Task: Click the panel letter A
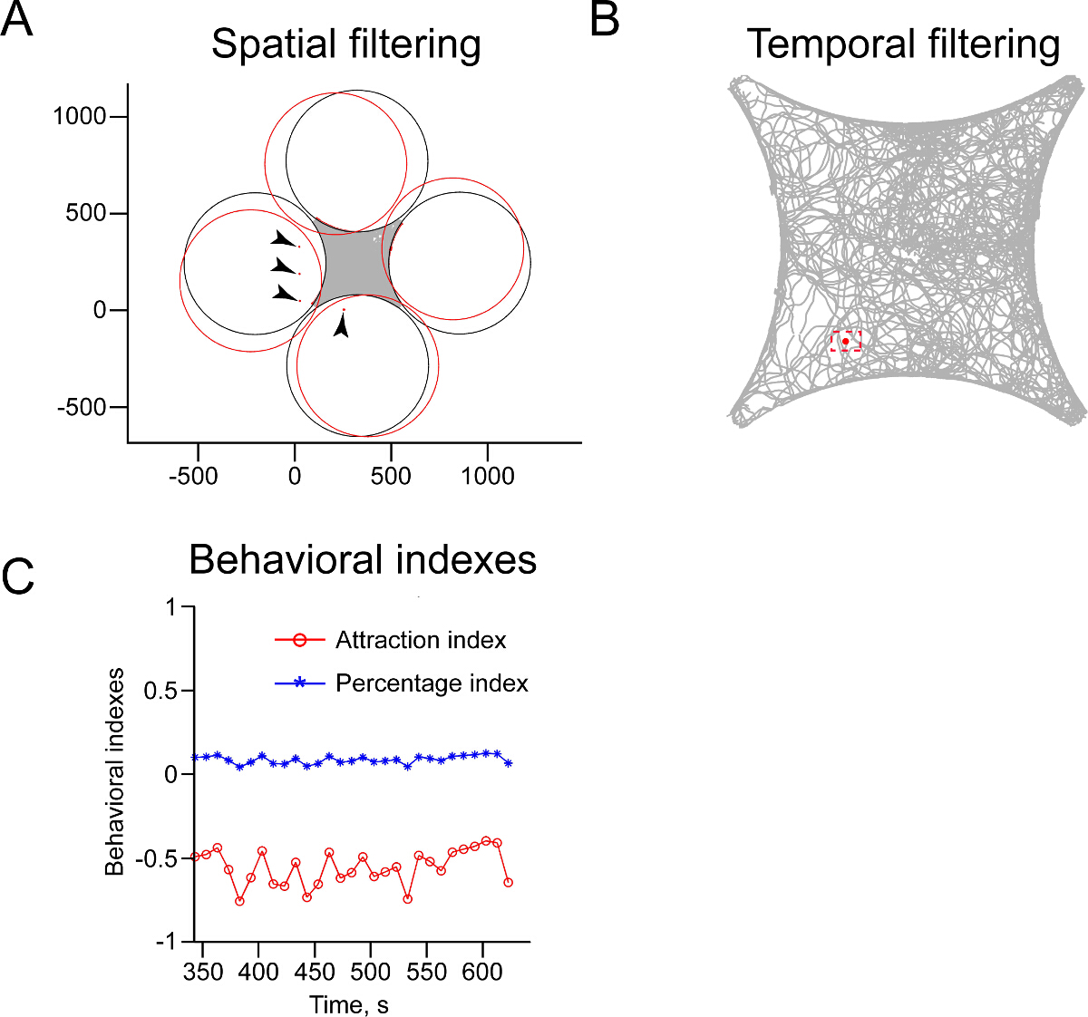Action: pos(17,20)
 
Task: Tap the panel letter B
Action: pos(605,20)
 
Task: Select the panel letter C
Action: pos(18,576)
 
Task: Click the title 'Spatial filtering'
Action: pos(345,44)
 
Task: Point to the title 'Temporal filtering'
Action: pos(903,44)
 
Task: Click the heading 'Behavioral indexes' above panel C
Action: pos(363,560)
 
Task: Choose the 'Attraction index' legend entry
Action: pos(421,640)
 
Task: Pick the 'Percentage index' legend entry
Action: pos(432,683)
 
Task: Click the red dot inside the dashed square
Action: pos(846,341)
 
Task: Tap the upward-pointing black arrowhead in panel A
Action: pos(341,325)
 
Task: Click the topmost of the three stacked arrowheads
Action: pos(284,239)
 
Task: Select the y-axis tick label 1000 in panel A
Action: pos(80,116)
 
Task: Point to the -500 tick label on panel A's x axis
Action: pos(193,476)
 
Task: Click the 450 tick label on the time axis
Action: pos(315,973)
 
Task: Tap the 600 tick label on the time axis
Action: pos(482,973)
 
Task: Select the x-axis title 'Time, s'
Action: pos(349,1004)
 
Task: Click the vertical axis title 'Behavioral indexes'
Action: pos(115,772)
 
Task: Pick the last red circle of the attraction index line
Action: pos(508,882)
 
